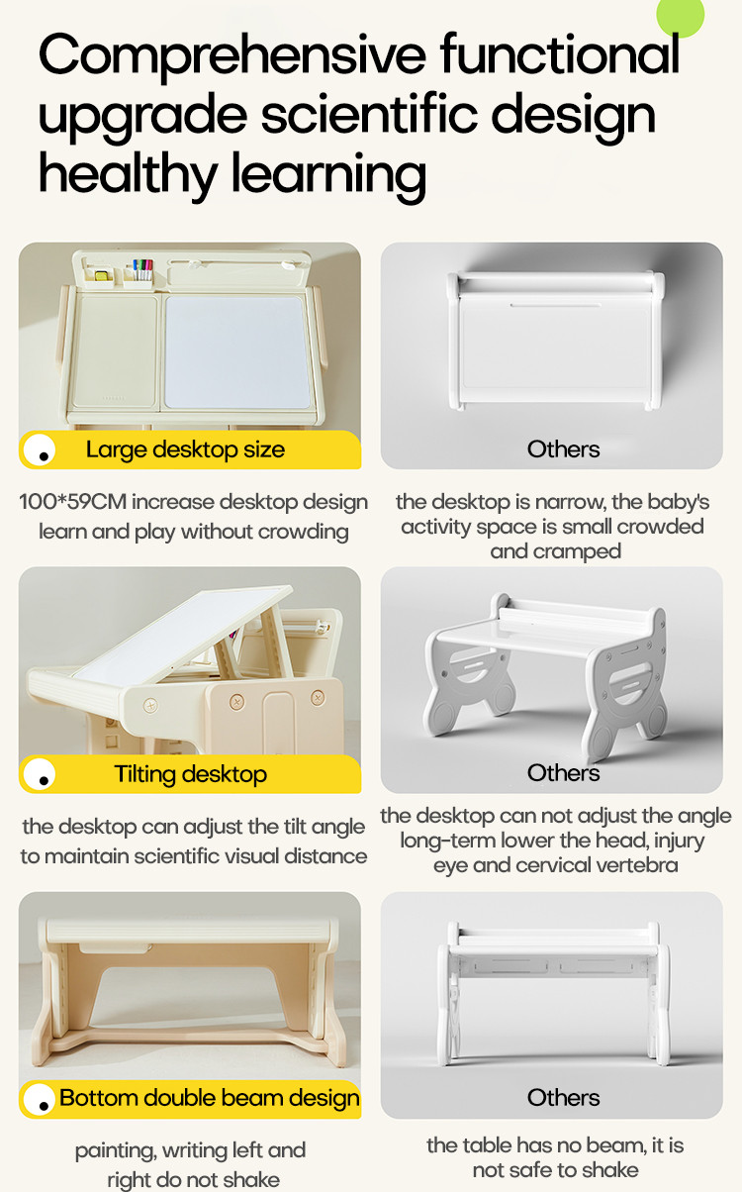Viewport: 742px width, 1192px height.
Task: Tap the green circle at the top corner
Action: [x=681, y=14]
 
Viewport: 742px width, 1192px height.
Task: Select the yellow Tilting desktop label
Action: [x=190, y=774]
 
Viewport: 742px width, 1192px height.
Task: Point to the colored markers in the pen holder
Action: [x=142, y=269]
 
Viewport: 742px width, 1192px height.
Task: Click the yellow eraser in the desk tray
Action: [x=101, y=275]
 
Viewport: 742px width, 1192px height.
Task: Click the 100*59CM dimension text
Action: [x=73, y=501]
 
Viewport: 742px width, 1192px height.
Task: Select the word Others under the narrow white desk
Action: [x=563, y=449]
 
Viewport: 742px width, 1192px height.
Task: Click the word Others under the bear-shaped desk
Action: [x=563, y=773]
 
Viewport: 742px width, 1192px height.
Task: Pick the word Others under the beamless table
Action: [x=563, y=1097]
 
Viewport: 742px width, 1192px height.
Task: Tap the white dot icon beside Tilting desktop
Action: [x=40, y=774]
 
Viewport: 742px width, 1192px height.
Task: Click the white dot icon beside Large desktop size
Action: [x=40, y=450]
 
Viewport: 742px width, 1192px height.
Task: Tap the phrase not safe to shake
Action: [x=556, y=1169]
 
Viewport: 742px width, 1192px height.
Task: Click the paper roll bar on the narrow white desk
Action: [x=556, y=281]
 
